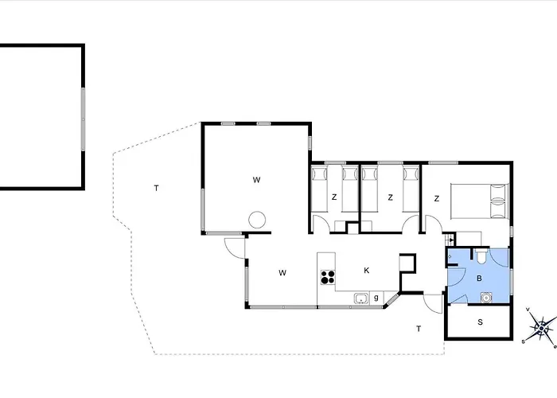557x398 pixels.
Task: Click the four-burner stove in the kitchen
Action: pos(328,277)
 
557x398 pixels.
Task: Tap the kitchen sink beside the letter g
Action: pos(361,298)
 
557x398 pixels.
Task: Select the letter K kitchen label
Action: pos(367,271)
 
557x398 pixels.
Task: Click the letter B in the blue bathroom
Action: pos(479,279)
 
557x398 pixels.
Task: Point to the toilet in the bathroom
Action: pos(482,256)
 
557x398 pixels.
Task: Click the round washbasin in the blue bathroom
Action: pos(485,298)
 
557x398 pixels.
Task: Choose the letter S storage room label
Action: pos(481,322)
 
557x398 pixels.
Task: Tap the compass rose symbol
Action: pos(540,328)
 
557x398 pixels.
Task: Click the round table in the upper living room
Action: pos(257,220)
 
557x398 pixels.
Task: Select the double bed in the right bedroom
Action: pos(480,201)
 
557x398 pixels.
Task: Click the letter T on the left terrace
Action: pos(156,188)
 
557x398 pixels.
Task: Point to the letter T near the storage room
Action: pos(419,329)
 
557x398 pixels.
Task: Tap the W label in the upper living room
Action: pos(256,180)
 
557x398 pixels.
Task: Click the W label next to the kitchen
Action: pos(282,273)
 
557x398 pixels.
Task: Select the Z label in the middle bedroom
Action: pos(391,197)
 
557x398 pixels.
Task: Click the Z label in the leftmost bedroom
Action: pos(334,197)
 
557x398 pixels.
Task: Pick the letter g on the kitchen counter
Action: pos(376,298)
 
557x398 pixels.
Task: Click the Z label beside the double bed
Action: pos(437,199)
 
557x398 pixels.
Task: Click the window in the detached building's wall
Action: pos(83,119)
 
